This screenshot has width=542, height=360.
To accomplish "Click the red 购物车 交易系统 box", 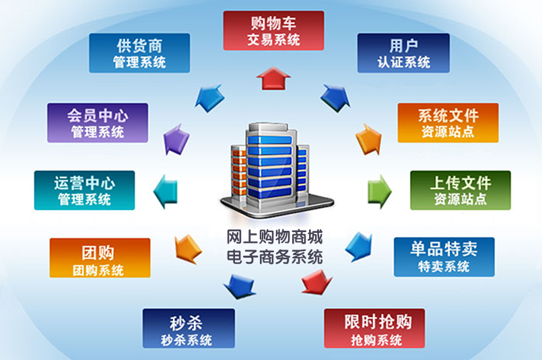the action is [x=273, y=30].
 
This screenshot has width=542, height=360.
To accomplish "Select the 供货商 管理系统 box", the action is [x=139, y=53].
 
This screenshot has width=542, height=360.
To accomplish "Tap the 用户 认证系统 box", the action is [x=403, y=53].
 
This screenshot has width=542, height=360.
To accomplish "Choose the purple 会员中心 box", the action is [x=98, y=122].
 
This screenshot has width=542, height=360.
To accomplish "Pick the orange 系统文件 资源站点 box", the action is [x=448, y=122].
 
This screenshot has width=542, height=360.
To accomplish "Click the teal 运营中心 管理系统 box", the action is [x=84, y=190].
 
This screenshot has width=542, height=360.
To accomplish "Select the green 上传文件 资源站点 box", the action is [x=461, y=190].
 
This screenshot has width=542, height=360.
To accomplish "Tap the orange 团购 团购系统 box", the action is [x=100, y=258].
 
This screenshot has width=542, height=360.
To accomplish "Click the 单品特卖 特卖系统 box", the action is [x=444, y=257].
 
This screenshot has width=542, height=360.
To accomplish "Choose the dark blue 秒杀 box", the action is [x=189, y=328].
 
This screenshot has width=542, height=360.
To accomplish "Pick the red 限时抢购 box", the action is [x=374, y=328].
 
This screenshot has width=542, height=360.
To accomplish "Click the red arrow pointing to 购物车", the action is [x=273, y=78].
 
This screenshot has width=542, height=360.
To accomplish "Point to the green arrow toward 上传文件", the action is [x=380, y=191].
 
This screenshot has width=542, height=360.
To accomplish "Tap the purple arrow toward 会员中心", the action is [x=176, y=140].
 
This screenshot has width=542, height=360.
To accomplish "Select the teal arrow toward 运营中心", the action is [x=165, y=191].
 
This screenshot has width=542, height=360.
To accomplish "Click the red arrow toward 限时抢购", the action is [x=316, y=282].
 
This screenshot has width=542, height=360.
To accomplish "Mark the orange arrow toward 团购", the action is [x=188, y=249].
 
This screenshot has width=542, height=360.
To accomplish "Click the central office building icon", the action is [x=276, y=170].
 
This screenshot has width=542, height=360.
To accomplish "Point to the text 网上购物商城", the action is [x=275, y=237].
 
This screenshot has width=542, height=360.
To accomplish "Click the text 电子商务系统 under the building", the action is [x=275, y=256].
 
